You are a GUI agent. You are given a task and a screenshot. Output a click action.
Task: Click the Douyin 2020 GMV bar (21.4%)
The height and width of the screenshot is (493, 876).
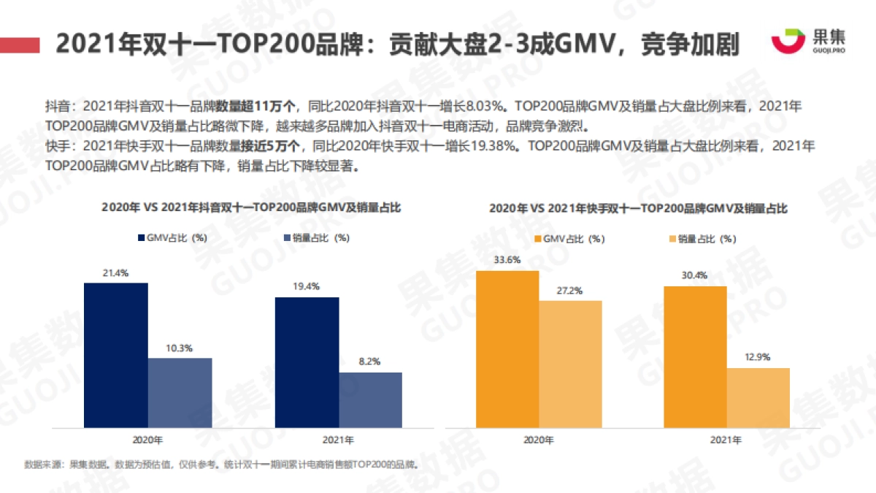coord(115,355)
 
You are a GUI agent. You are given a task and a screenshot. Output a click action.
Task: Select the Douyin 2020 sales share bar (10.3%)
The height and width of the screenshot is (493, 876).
coord(180,392)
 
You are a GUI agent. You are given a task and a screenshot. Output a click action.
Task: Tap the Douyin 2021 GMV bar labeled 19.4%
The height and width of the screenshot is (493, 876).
coord(307,362)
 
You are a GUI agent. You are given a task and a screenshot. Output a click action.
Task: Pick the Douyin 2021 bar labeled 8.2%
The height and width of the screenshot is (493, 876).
coord(370,400)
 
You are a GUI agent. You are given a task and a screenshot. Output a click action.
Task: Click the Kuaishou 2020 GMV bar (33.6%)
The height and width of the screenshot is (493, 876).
coord(507,349)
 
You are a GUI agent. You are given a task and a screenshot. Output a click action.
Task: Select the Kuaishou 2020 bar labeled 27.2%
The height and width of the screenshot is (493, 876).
coord(570,364)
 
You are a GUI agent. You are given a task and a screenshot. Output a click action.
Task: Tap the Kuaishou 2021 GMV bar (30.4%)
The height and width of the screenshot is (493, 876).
coord(695,356)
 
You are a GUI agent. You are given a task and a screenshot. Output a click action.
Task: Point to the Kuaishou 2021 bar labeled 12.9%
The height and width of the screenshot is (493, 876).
coord(758,397)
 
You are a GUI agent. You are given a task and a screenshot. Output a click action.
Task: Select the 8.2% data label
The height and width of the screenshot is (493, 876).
coord(370,362)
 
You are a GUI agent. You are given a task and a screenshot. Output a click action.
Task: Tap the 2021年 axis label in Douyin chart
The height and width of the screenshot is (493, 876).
coord(338,440)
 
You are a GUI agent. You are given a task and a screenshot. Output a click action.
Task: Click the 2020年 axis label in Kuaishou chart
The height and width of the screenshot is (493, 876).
coord(539,440)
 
